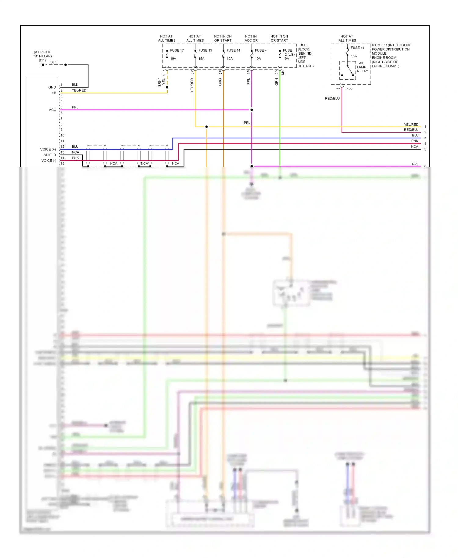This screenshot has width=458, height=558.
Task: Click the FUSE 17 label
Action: [x=177, y=50]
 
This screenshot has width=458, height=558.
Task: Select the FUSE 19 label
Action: [x=205, y=50]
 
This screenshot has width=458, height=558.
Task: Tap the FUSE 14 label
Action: [x=233, y=50]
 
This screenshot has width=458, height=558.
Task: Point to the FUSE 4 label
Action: [x=260, y=50]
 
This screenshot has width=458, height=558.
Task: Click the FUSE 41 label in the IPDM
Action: [x=357, y=48]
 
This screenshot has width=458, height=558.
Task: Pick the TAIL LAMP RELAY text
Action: [x=362, y=67]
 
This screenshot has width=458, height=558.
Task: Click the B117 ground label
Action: [x=42, y=60]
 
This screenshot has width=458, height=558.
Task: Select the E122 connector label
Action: [x=348, y=89]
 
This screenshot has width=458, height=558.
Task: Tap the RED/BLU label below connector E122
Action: [x=332, y=98]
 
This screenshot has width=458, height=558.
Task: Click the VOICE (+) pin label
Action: [x=48, y=149]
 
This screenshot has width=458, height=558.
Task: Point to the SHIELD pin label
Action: [x=49, y=155]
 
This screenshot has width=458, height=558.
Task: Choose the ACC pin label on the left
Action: [x=52, y=110]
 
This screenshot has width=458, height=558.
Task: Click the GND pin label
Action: [x=52, y=87]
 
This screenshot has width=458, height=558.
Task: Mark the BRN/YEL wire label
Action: [x=161, y=82]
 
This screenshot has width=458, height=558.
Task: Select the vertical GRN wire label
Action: [x=277, y=82]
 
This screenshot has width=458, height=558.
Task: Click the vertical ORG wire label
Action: [x=220, y=82]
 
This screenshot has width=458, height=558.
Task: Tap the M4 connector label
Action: [x=283, y=73]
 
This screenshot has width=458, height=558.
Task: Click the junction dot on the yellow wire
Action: [x=206, y=127]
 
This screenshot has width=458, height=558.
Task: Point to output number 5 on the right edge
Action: [x=425, y=150]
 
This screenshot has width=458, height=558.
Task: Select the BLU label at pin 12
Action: [x=75, y=147]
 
